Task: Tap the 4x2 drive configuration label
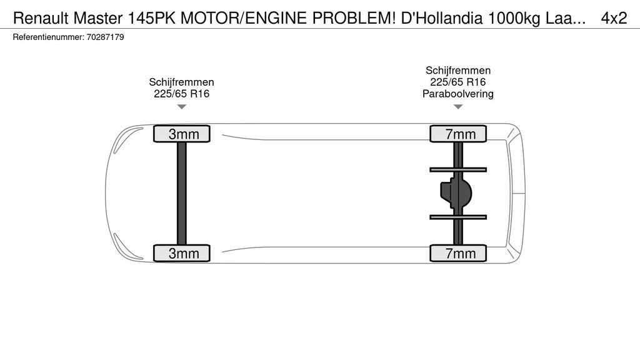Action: tap(614, 18)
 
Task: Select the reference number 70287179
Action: tap(105, 37)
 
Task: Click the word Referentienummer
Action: tap(49, 37)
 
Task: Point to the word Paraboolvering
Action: tap(458, 94)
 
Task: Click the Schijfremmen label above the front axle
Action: tap(182, 82)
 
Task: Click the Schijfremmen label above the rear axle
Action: tap(458, 70)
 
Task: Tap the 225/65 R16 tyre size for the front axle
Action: tap(182, 94)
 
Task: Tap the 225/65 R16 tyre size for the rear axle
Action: tap(458, 82)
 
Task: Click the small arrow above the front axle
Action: tap(182, 106)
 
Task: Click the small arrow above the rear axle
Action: tap(458, 106)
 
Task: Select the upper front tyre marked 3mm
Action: tap(182, 134)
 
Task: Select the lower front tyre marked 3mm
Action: tap(182, 253)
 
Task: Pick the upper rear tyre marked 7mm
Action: tap(458, 134)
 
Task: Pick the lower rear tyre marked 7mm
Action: tap(458, 253)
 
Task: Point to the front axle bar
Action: tap(182, 194)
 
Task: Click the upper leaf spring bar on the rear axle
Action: tap(458, 169)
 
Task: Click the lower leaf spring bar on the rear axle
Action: tap(458, 217)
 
